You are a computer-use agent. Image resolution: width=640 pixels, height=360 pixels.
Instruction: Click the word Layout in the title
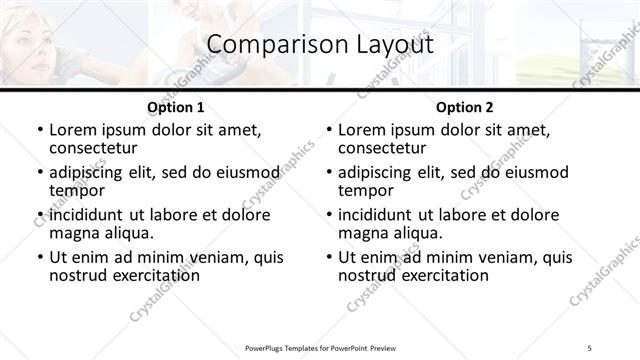[389, 45]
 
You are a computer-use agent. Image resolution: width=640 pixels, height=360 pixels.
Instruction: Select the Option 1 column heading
[175, 107]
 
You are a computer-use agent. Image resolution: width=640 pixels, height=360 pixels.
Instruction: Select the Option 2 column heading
[464, 107]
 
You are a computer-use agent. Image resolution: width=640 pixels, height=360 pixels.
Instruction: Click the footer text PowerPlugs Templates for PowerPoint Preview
[319, 347]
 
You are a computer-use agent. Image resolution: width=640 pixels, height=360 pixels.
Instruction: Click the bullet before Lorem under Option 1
[39, 131]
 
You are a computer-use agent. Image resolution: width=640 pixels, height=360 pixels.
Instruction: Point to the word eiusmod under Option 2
[531, 172]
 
